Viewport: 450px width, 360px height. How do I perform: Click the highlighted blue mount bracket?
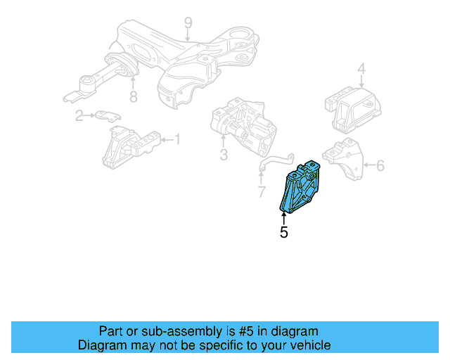tap(299, 188)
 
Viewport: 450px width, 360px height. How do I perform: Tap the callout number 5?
tap(284, 231)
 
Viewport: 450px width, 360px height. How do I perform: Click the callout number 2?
tap(80, 115)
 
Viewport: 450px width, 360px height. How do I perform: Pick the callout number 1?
tap(177, 140)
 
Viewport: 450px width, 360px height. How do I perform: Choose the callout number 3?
tap(224, 154)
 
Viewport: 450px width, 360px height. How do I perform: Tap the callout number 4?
tap(361, 70)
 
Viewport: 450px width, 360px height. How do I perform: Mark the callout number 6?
tap(380, 166)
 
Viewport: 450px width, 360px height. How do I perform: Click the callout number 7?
tap(262, 191)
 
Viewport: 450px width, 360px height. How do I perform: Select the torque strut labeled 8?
tap(98, 79)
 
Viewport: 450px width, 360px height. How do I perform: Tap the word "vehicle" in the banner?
tap(307, 345)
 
